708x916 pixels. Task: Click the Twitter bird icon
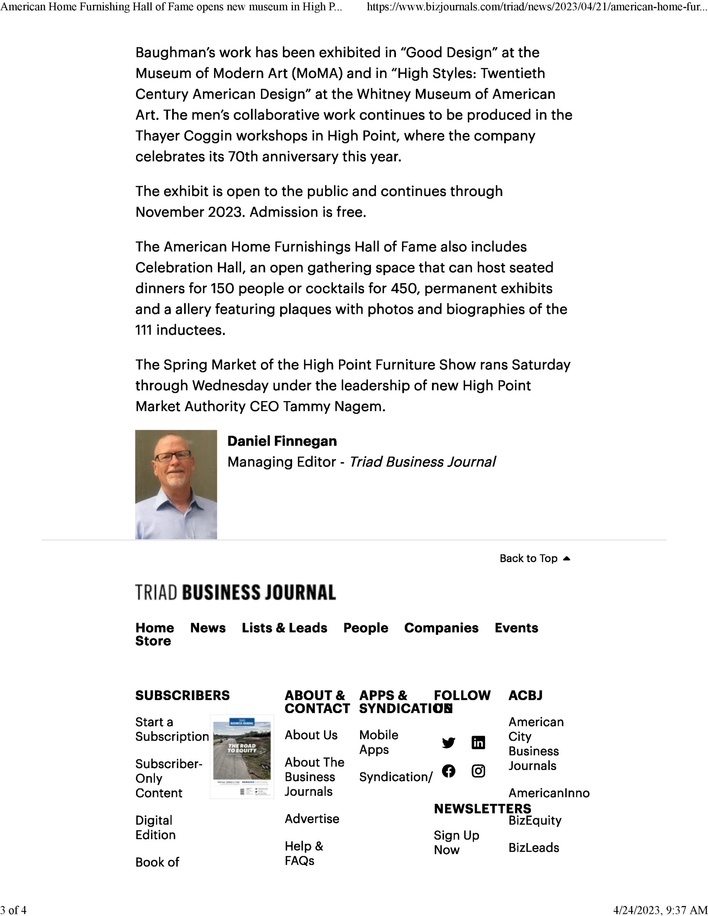448,743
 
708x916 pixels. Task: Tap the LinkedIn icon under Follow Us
478,743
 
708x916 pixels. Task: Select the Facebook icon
448,771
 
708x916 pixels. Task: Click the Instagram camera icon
478,771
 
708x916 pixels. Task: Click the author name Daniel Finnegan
282,441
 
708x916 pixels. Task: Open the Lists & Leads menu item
284,628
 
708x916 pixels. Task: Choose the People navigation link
365,628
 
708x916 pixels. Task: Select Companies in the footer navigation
441,628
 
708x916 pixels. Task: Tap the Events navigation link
516,628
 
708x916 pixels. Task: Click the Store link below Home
153,641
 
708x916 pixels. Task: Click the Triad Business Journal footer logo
236,592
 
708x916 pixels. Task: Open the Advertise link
312,819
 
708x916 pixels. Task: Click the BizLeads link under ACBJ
533,848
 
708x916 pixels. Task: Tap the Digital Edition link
155,828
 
